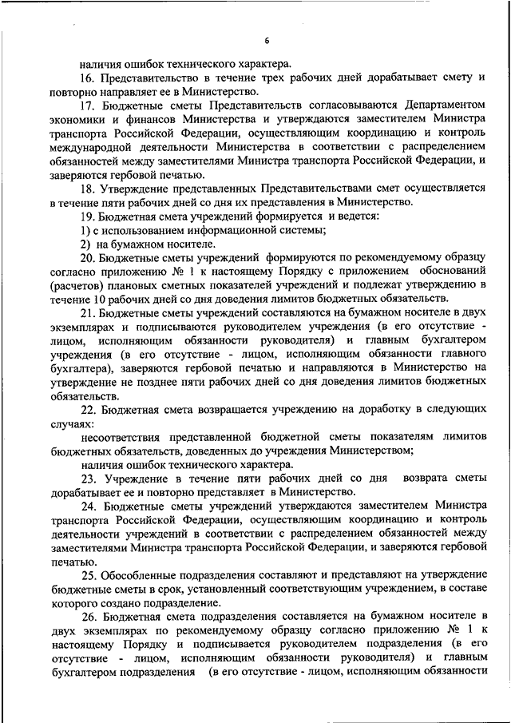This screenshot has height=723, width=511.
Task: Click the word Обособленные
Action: click(x=141, y=575)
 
